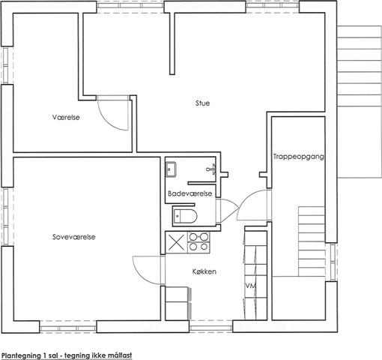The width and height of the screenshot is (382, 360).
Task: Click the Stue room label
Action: click(x=202, y=103)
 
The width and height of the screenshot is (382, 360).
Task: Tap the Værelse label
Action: click(x=66, y=117)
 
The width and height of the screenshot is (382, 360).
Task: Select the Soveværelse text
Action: click(x=74, y=237)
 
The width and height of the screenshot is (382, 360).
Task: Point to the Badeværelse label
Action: click(x=190, y=193)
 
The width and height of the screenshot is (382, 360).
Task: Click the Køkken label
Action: click(x=204, y=271)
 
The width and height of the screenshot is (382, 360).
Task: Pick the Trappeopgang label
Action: click(x=299, y=157)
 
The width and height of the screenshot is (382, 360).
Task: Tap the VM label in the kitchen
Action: click(x=251, y=286)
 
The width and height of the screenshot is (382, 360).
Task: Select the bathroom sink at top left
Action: click(x=171, y=169)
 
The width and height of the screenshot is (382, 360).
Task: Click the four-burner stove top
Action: click(x=198, y=241)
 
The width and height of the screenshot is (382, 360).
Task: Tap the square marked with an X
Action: click(x=177, y=242)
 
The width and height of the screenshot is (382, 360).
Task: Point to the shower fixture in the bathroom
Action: click(x=211, y=169)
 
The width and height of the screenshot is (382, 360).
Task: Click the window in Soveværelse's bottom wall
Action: click(x=68, y=328)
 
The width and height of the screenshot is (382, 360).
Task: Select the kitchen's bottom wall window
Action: click(x=210, y=327)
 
